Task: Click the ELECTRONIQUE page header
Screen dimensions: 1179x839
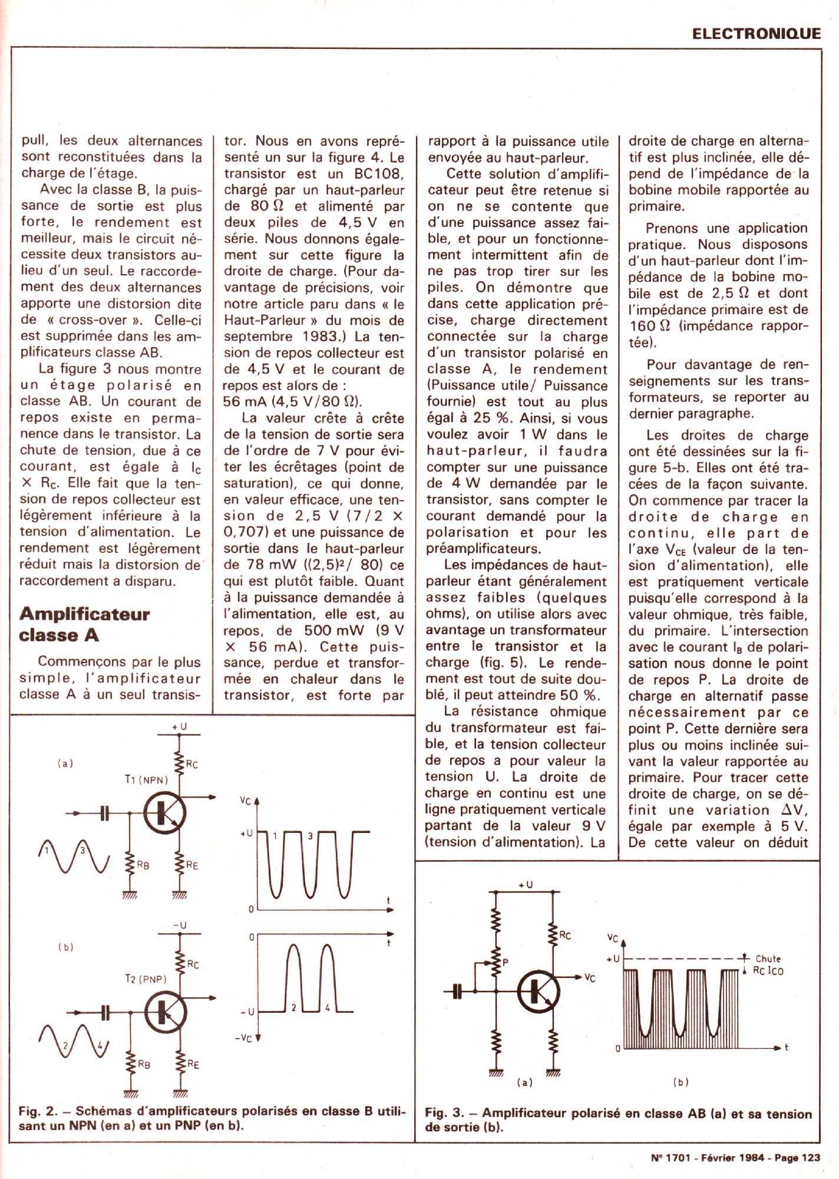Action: (x=757, y=33)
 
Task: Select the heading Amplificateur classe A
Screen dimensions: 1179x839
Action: (x=84, y=624)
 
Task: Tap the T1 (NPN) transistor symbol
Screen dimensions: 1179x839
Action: (x=164, y=814)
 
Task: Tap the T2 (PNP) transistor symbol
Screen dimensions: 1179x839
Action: (x=164, y=1012)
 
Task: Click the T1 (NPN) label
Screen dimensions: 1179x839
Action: (x=146, y=779)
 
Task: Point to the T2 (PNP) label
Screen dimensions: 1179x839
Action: (x=146, y=979)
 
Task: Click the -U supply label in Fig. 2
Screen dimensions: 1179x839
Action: (x=180, y=926)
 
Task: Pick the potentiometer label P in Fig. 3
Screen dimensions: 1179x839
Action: (x=505, y=963)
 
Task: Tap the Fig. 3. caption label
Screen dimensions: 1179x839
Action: (x=444, y=1114)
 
